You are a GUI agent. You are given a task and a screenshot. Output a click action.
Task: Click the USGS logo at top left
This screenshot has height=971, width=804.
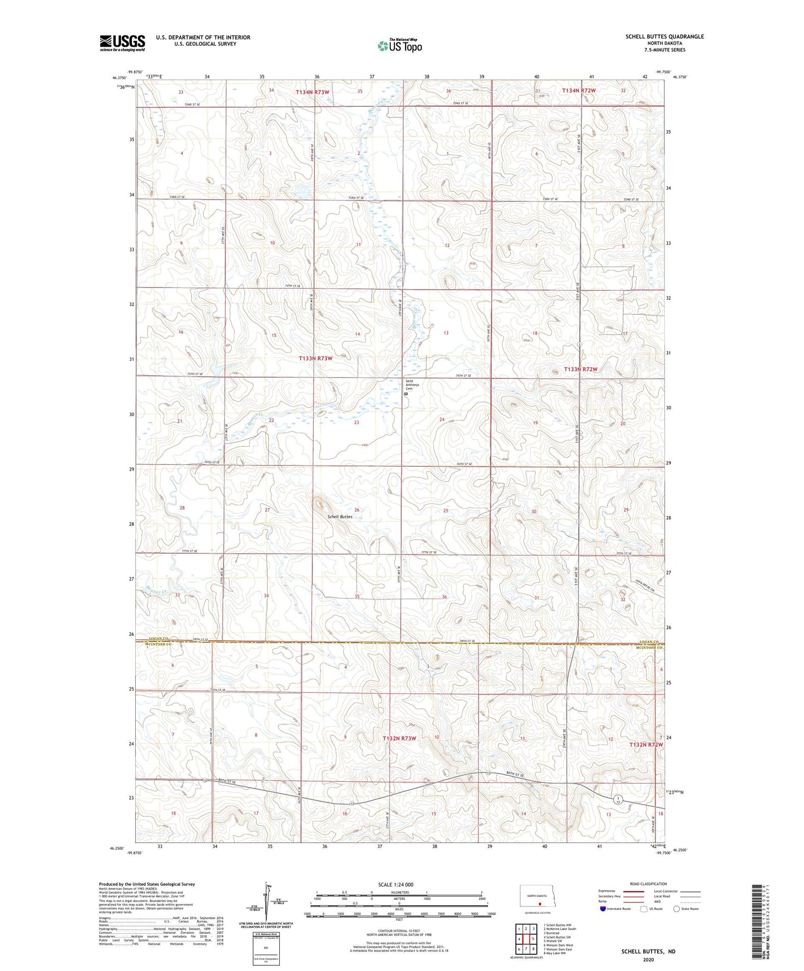[122, 42]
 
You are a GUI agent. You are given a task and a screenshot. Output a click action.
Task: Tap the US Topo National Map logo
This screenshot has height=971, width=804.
[399, 45]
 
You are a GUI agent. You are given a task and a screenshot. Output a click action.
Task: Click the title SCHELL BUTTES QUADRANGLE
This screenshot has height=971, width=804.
[664, 37]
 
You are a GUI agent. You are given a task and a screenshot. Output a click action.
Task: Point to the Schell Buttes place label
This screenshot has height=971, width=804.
[339, 517]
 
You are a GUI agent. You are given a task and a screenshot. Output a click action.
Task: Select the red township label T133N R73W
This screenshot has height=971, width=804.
[315, 359]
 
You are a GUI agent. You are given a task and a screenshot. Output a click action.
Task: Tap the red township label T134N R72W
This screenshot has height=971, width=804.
[579, 90]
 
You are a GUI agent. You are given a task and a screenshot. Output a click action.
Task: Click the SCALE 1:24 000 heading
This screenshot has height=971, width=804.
[396, 884]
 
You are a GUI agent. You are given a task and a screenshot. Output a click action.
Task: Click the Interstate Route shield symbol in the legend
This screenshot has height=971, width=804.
[603, 909]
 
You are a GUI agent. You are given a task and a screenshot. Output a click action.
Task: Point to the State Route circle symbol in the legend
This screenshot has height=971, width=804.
[676, 909]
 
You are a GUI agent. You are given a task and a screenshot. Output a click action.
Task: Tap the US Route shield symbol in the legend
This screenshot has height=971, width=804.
[643, 909]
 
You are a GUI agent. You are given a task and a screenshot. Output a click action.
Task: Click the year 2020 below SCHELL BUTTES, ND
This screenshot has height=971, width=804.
[648, 960]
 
